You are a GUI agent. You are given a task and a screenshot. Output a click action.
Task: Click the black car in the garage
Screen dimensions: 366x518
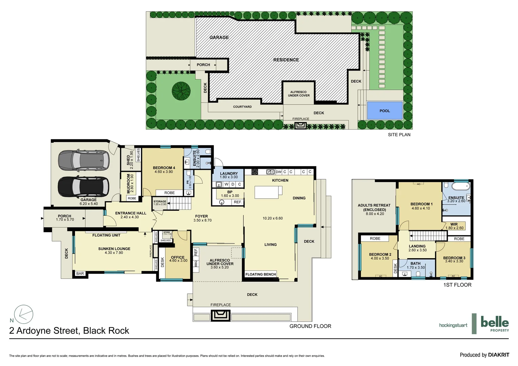(x=83, y=187)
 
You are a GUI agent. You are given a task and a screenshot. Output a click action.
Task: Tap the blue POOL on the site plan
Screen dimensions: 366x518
(x=384, y=110)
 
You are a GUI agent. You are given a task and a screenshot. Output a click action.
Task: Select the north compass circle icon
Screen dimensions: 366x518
(x=24, y=314)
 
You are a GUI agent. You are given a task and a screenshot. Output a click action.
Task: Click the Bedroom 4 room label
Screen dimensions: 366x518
(x=164, y=169)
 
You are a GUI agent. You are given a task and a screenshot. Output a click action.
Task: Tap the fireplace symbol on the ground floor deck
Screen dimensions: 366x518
(x=221, y=316)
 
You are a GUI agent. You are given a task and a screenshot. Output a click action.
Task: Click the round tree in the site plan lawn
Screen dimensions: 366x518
(x=181, y=91)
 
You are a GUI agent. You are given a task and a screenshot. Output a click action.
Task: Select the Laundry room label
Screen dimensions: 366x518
(x=229, y=175)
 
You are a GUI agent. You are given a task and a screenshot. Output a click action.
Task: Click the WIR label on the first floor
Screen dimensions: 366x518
(x=454, y=226)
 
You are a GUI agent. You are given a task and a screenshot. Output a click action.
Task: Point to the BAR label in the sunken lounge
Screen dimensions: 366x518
(x=80, y=273)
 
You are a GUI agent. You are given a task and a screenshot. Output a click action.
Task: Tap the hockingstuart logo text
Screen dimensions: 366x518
(x=453, y=325)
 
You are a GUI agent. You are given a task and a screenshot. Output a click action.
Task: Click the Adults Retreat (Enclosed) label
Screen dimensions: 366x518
(x=374, y=209)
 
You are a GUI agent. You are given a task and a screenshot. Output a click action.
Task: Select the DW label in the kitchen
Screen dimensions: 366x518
(x=278, y=172)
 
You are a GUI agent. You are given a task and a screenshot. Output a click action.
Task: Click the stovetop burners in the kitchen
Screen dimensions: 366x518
(x=255, y=172)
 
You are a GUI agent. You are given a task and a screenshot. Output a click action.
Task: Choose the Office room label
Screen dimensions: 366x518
(x=178, y=259)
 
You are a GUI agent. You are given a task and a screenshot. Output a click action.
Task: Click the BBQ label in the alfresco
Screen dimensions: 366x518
(x=196, y=263)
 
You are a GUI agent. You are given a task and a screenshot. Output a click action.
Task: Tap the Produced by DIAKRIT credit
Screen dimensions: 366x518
(x=484, y=355)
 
